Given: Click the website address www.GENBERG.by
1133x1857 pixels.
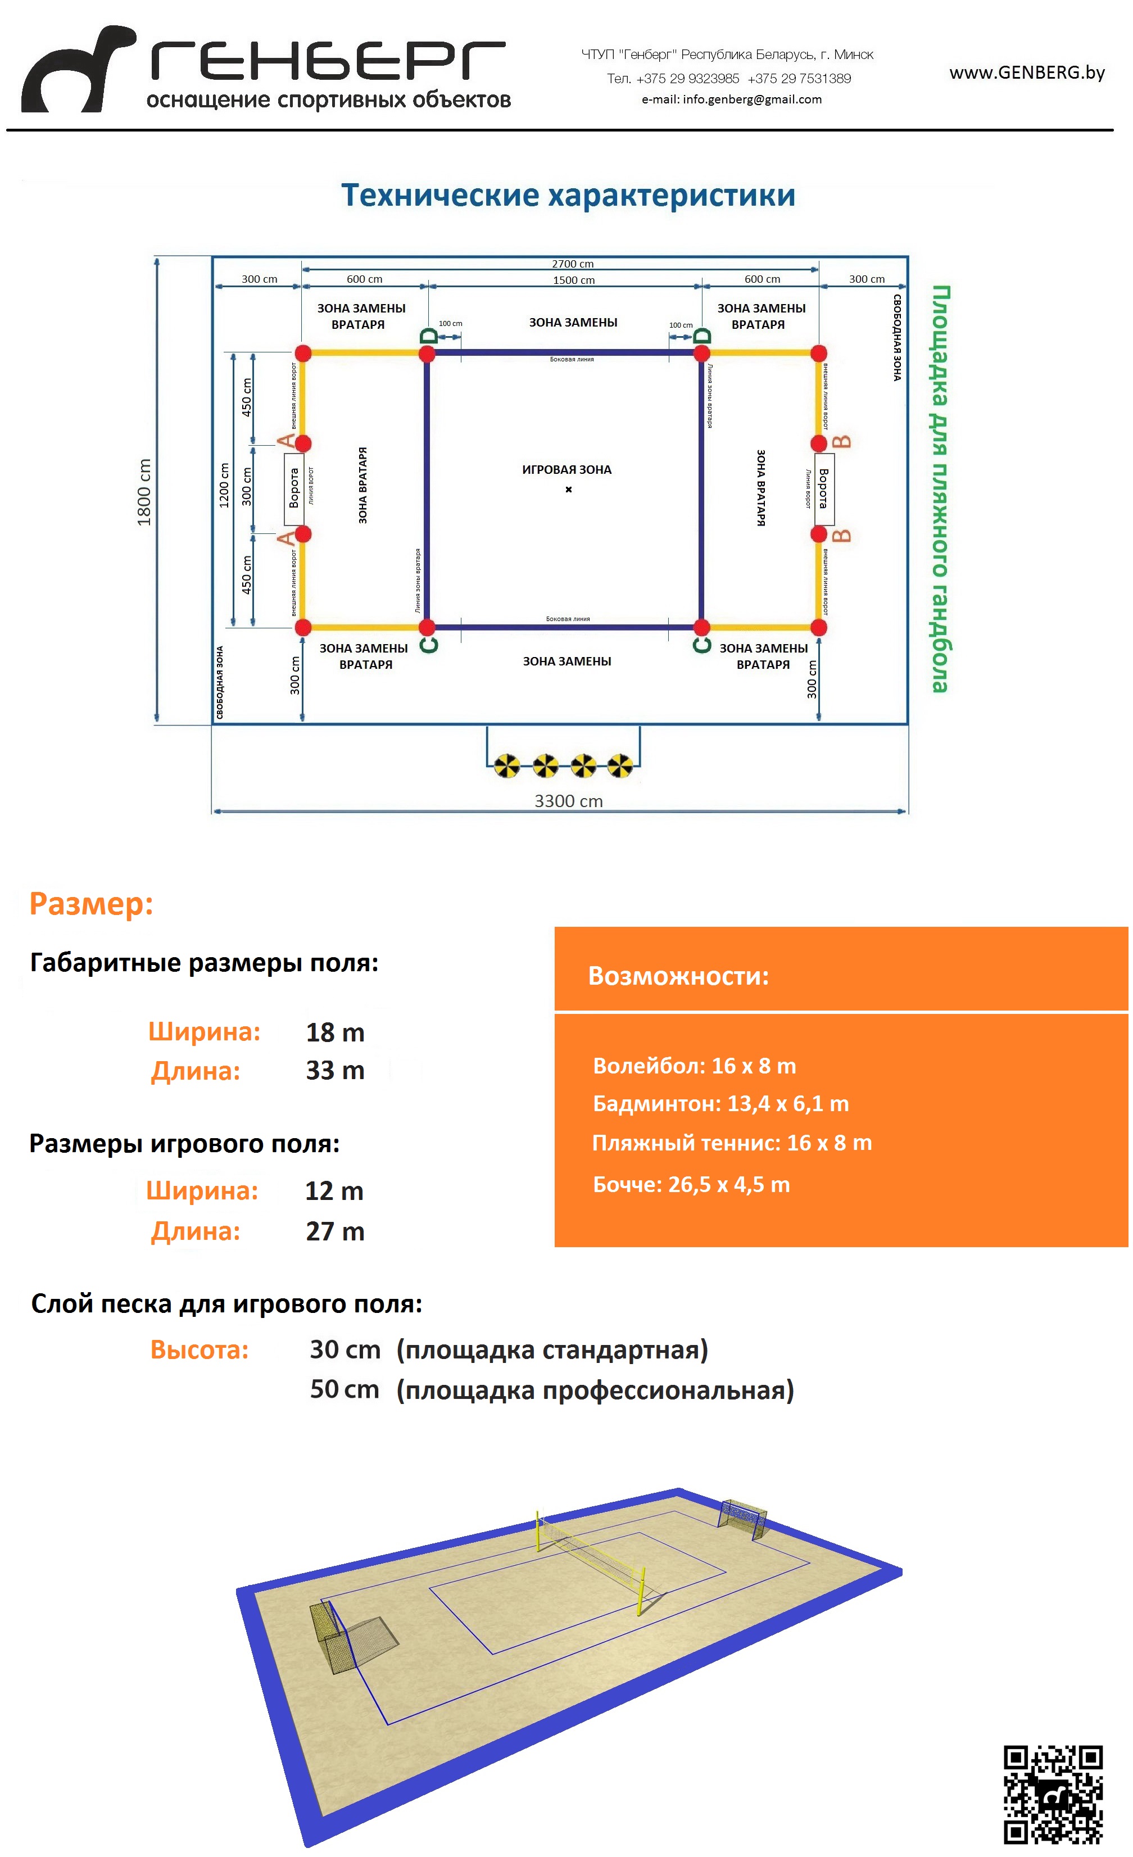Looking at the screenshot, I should point(1027,73).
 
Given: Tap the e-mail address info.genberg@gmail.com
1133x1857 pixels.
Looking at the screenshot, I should point(731,99).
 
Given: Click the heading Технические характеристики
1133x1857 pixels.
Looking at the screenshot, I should point(568,195).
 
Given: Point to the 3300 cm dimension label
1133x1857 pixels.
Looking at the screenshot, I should point(568,801).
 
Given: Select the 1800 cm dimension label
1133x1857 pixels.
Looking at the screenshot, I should point(144,492).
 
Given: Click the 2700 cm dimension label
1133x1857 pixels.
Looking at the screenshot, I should point(572,264).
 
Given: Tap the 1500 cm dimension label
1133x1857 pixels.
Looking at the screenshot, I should point(574,280).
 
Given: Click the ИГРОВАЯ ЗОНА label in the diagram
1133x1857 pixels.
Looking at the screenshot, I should point(567,469).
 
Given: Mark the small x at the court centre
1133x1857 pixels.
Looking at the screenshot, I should point(568,490).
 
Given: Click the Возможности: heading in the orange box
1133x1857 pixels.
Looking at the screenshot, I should point(678,976).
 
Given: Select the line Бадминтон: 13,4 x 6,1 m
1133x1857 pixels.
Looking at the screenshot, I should point(720,1104).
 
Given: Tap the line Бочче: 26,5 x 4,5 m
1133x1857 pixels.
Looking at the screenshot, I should point(691,1185).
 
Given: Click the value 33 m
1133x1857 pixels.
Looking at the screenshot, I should point(335,1070).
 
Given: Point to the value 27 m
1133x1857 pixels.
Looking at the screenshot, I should point(335,1231).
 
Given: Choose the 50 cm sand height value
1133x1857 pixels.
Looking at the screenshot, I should point(345,1389).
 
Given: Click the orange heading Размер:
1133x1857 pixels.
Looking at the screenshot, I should point(91,904).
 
